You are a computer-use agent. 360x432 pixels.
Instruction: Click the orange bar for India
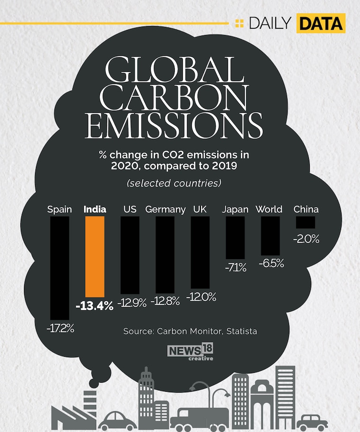tap(95, 256)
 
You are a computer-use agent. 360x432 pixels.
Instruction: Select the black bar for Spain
tap(60, 268)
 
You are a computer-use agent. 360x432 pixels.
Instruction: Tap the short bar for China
tap(306, 223)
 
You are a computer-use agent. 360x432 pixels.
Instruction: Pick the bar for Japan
tap(235, 238)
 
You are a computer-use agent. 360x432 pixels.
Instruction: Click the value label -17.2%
tap(60, 327)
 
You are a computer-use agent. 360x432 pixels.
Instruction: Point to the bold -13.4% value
tap(95, 306)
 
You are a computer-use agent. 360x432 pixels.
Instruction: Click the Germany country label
tap(165, 209)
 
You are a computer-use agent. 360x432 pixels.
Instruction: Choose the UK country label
tap(200, 209)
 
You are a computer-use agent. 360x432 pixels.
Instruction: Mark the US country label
tap(130, 209)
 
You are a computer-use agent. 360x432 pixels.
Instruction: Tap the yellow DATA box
tap(321, 23)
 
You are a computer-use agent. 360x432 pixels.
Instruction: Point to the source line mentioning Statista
tap(190, 331)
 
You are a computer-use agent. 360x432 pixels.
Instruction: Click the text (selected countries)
tap(174, 183)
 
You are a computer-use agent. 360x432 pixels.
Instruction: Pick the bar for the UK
tap(200, 252)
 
